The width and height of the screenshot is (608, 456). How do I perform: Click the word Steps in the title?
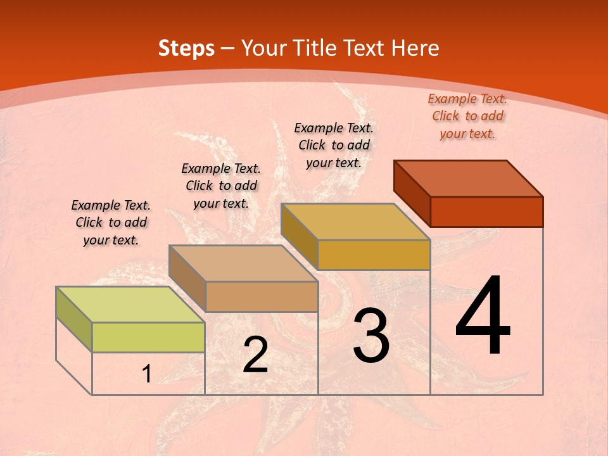(x=186, y=48)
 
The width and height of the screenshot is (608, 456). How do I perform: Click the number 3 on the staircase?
(x=371, y=336)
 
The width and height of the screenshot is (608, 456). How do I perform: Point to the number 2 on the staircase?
(x=255, y=355)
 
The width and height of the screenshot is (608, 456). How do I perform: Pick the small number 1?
(x=147, y=374)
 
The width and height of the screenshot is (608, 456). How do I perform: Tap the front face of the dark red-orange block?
(x=486, y=212)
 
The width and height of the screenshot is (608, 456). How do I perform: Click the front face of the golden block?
(x=374, y=255)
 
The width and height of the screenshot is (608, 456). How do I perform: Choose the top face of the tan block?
(x=243, y=263)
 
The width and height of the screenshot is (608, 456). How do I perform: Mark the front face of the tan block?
(x=262, y=296)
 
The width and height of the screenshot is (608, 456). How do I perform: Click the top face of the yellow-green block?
(x=130, y=305)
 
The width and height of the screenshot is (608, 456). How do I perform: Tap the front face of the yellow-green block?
(x=148, y=337)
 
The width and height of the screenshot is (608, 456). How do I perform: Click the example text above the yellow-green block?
(x=111, y=222)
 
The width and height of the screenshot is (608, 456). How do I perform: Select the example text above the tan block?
(x=221, y=186)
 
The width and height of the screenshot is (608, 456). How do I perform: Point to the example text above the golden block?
(x=334, y=145)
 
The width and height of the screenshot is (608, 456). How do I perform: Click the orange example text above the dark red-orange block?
(x=467, y=116)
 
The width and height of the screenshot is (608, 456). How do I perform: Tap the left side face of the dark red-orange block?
(x=412, y=193)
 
